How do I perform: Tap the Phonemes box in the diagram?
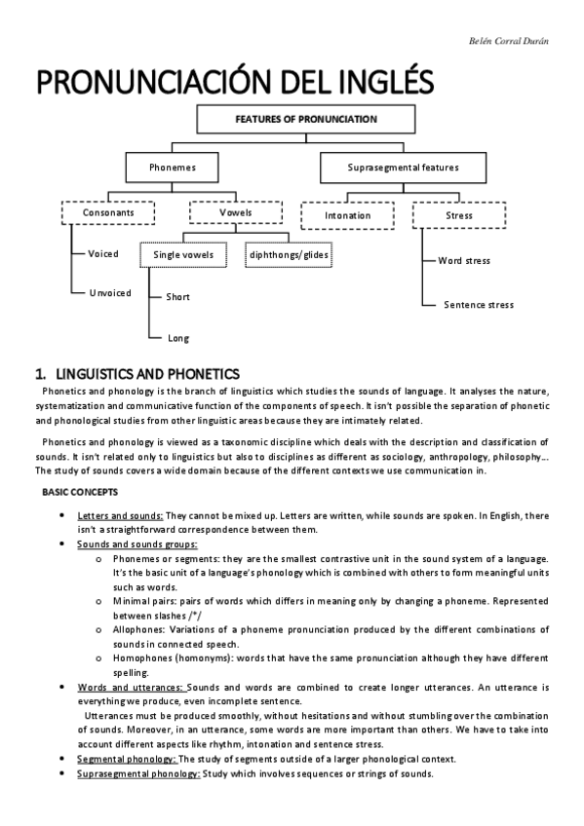(173, 168)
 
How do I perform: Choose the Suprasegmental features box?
(403, 168)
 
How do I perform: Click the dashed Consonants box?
(107, 212)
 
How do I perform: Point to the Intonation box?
(348, 215)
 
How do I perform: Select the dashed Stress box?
(458, 215)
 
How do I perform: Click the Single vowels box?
(184, 255)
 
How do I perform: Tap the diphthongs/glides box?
(290, 255)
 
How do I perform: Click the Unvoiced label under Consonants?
(110, 292)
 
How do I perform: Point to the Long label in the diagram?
(178, 338)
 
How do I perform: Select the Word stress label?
(464, 260)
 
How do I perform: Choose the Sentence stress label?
(478, 305)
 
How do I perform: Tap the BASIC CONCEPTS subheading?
(80, 493)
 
